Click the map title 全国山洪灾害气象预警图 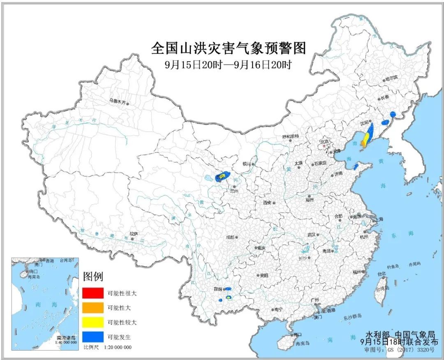click(229, 48)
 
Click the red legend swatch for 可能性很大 click(92, 293)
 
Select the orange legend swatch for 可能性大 click(92, 307)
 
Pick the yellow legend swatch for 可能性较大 click(92, 322)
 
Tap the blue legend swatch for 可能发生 click(92, 337)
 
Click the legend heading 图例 click(92, 276)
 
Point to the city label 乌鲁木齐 click(117, 100)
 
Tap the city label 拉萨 click(133, 233)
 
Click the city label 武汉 click(311, 235)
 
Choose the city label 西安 click(268, 203)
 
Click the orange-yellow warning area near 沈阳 click(365, 140)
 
